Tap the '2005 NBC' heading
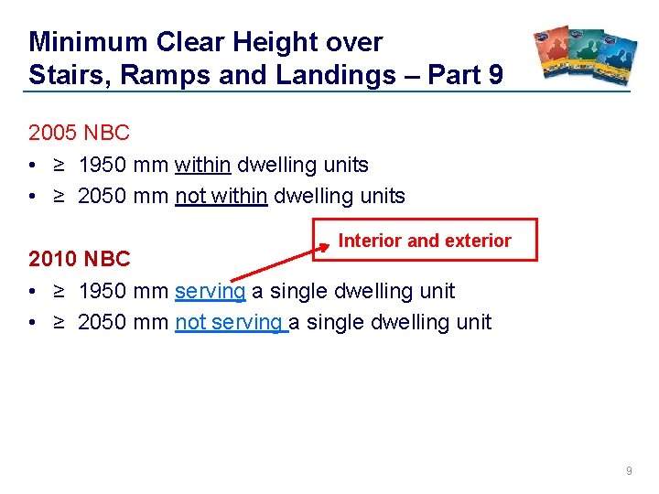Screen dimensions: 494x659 79,133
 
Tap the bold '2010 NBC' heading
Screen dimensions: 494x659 80,259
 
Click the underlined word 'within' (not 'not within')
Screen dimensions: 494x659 202,166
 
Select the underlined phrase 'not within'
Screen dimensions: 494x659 221,197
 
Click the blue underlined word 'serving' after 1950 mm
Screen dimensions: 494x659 210,291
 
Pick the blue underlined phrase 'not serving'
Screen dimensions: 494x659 231,322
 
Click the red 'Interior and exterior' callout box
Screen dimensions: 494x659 425,241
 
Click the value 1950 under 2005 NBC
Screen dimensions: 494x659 103,166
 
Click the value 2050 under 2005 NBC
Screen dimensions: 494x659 103,197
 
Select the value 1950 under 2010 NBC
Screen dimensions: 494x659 103,291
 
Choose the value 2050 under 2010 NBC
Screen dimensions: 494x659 103,322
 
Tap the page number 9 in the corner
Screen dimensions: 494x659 628,470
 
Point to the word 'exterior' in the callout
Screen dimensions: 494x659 478,241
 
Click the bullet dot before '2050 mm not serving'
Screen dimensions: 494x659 33,323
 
